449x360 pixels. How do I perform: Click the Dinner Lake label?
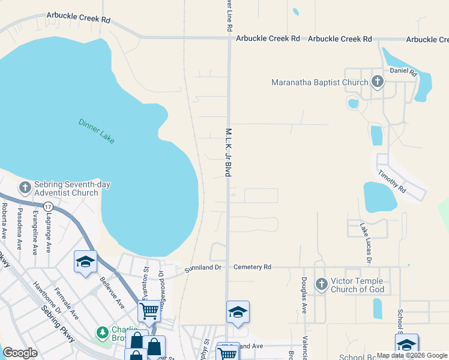pos(96,131)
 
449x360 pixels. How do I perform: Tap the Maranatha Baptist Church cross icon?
pos(377,82)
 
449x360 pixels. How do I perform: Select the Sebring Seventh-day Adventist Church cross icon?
pos(25,188)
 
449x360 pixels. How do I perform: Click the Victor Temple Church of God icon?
pos(321,283)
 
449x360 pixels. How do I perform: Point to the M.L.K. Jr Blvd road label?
pos(229,151)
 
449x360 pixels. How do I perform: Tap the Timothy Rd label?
pos(392,181)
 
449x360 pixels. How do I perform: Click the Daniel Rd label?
pos(403,71)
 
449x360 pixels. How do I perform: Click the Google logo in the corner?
pos(20,352)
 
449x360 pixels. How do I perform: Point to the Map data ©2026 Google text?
pos(412,355)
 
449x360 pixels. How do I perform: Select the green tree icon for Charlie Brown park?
pos(103,332)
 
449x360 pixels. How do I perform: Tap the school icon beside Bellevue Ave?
pos(85,262)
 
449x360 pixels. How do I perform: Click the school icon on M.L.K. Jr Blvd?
pos(238,312)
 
